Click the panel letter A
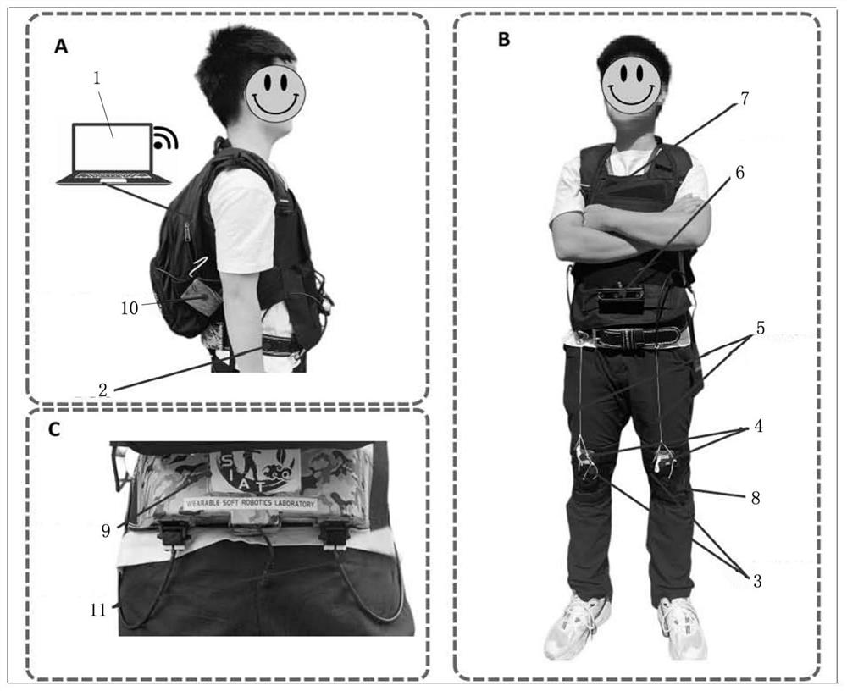pyautogui.click(x=61, y=47)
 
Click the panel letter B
pyautogui.click(x=503, y=40)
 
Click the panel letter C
pyautogui.click(x=54, y=429)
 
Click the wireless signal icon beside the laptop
pyautogui.click(x=165, y=138)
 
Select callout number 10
pyautogui.click(x=130, y=308)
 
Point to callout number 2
pyautogui.click(x=102, y=390)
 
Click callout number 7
pyautogui.click(x=745, y=99)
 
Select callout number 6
pyautogui.click(x=739, y=173)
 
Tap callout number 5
pyautogui.click(x=760, y=328)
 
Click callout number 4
pyautogui.click(x=758, y=426)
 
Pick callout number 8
pyautogui.click(x=756, y=498)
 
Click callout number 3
pyautogui.click(x=757, y=581)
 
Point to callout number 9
pyautogui.click(x=106, y=531)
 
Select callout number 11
pyautogui.click(x=97, y=610)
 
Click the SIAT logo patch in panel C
pyautogui.click(x=254, y=471)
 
